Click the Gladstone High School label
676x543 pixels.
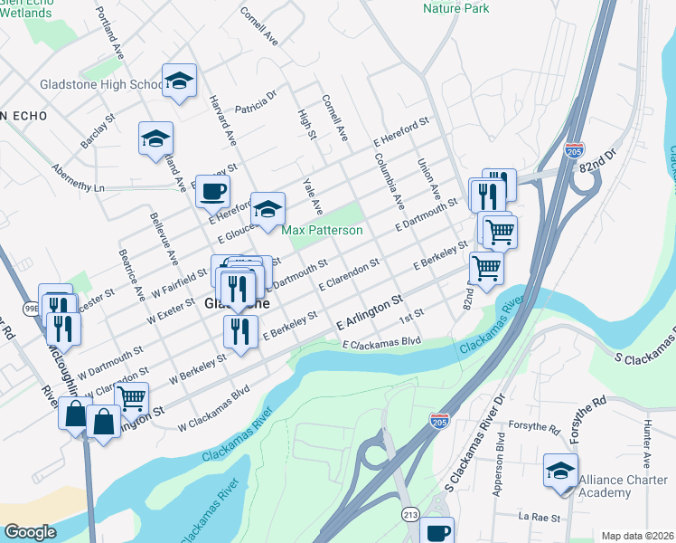[x=100, y=85]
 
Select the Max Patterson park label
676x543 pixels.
[x=322, y=231]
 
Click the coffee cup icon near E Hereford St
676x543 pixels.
[x=212, y=190]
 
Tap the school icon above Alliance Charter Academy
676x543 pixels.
[x=560, y=471]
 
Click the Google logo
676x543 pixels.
[x=30, y=532]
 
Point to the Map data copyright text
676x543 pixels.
[x=638, y=535]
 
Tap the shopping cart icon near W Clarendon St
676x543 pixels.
[x=131, y=397]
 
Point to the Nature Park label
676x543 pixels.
[x=456, y=8]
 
